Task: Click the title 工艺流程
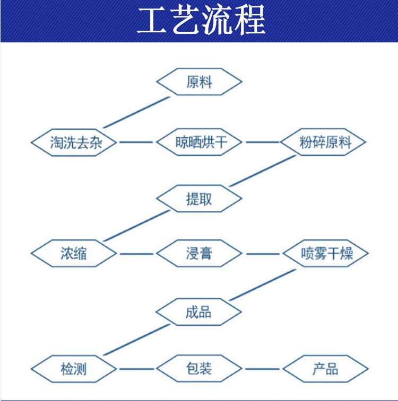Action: tap(201, 20)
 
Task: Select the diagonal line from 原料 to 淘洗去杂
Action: tap(136, 112)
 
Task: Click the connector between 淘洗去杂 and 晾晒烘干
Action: tap(136, 142)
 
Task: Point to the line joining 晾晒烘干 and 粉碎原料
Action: tap(263, 142)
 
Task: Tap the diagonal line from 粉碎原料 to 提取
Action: tap(263, 171)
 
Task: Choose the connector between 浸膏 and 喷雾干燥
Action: tap(263, 254)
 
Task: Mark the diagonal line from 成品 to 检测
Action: tap(136, 340)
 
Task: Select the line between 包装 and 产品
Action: tap(263, 369)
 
